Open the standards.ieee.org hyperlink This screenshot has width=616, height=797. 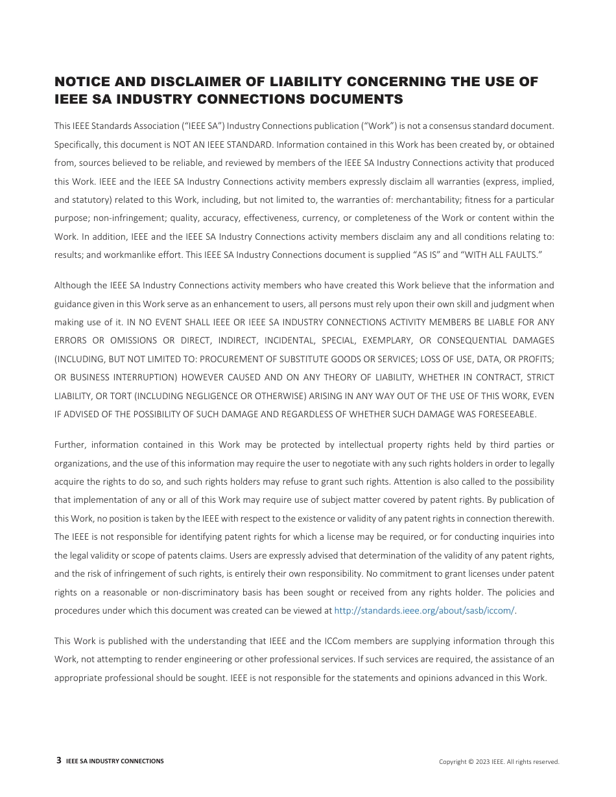(x=425, y=611)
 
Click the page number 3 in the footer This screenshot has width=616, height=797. (x=59, y=761)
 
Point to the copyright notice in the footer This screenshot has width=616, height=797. (x=499, y=762)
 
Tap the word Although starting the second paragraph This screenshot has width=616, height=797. (x=73, y=285)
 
